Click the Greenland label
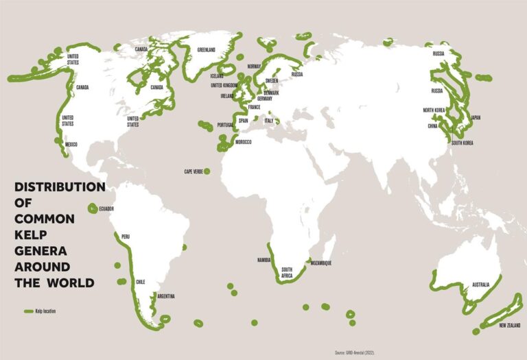[207, 50]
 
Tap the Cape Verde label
[192, 171]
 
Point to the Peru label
[124, 237]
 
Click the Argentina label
[166, 296]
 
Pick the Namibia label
[264, 260]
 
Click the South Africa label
[287, 272]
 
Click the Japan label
[476, 118]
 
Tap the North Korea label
[434, 110]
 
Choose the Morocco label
[243, 142]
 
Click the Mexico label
[71, 145]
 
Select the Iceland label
[217, 76]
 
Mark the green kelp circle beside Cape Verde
[207, 171]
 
